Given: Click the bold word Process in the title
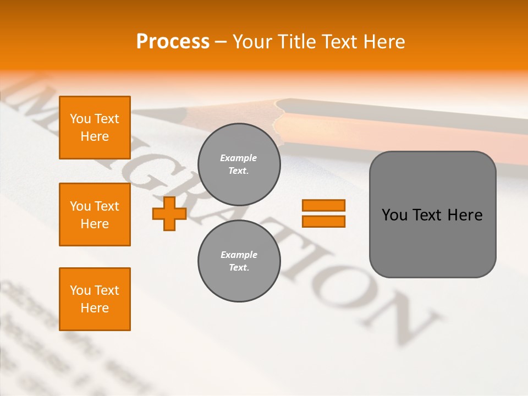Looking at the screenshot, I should (173, 42).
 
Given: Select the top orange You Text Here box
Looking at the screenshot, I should (95, 128).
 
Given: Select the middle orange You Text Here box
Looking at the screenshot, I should (95, 215).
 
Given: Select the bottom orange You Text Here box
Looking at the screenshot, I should (95, 299).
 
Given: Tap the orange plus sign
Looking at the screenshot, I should (169, 213).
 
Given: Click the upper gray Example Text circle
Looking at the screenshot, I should (239, 164).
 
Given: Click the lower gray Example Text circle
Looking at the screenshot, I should (239, 261).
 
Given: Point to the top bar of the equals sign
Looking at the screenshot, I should (323, 206).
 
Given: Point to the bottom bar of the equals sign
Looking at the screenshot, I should (323, 222).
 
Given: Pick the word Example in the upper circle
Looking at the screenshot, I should (239, 158).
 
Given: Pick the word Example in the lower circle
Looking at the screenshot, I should (239, 255).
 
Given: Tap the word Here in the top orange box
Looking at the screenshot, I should (95, 136).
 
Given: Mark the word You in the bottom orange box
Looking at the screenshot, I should (80, 290).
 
